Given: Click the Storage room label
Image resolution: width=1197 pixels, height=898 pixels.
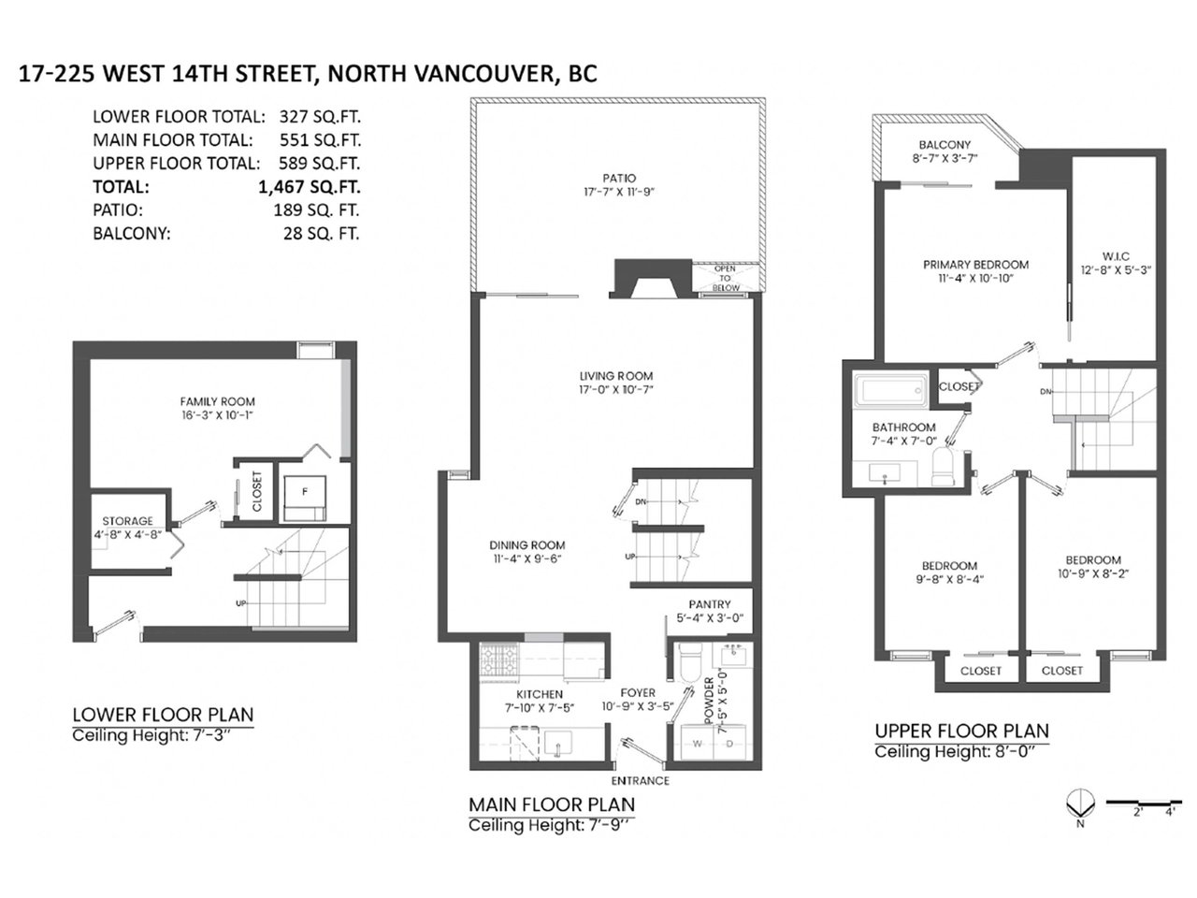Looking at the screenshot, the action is (127, 521).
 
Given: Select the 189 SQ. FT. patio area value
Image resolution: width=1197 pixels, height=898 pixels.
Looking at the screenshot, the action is (316, 210).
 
